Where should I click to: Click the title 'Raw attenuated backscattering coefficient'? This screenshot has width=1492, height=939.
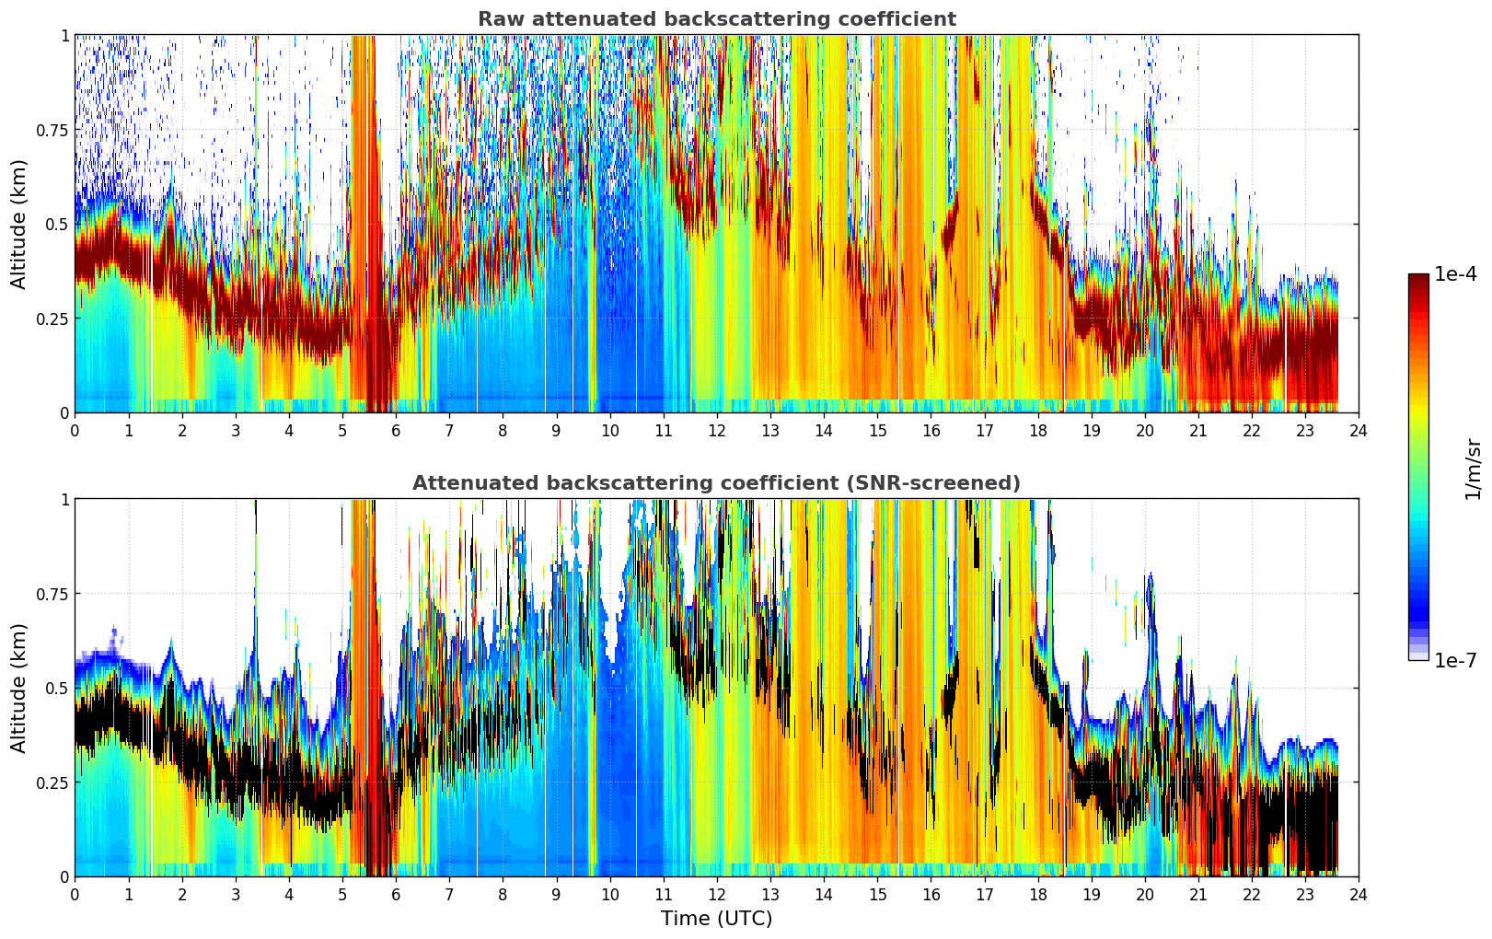[717, 18]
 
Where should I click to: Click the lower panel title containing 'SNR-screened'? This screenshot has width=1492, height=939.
[717, 482]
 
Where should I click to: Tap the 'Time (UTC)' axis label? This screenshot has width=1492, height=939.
[717, 919]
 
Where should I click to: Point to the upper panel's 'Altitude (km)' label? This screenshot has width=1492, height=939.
[18, 225]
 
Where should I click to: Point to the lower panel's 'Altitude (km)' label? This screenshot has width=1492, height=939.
[18, 689]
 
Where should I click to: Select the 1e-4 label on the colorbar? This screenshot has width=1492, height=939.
[1455, 273]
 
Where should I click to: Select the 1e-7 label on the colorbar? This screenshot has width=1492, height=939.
[1455, 661]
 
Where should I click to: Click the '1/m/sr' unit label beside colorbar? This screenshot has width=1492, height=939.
[1473, 469]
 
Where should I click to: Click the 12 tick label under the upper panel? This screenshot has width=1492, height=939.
[717, 431]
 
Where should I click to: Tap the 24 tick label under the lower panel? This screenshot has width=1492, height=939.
[1359, 895]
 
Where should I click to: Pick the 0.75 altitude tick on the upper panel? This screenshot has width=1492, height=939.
[52, 130]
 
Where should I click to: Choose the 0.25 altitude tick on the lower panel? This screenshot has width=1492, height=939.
[52, 782]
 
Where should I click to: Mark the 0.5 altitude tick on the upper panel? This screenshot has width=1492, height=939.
[57, 225]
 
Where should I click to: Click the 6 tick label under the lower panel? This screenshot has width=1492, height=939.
[396, 895]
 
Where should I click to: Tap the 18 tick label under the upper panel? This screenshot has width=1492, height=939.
[1037, 431]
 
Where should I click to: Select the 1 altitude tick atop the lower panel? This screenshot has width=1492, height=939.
[64, 500]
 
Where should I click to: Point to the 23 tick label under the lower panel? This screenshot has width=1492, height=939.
[1305, 895]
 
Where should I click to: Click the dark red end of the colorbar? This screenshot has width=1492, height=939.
[1418, 277]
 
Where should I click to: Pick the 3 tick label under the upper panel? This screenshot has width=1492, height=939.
[235, 431]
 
